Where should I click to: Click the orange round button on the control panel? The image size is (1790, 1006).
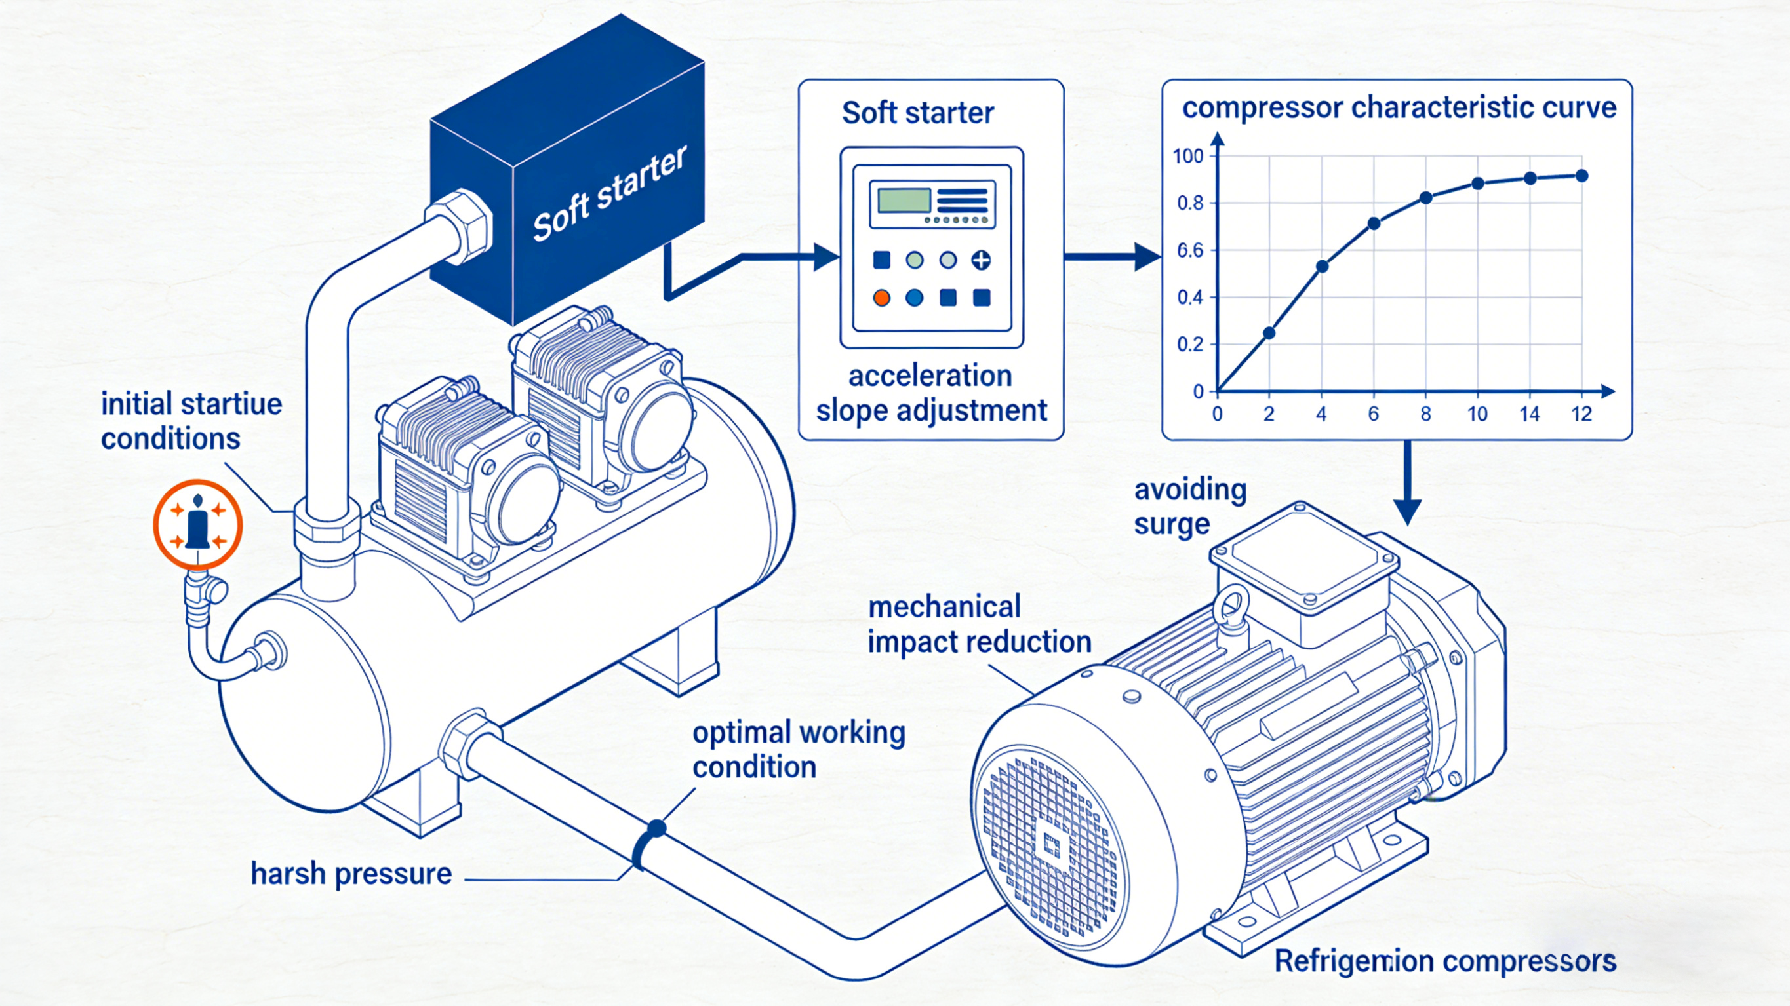[881, 298]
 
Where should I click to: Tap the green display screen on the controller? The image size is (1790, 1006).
[904, 200]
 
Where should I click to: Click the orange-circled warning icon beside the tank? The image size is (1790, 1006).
[198, 524]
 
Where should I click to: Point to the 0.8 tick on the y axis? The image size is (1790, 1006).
[1190, 204]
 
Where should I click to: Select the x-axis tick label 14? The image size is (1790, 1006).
[1530, 415]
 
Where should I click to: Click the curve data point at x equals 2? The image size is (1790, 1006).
[1269, 333]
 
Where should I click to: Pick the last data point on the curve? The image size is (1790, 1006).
[1582, 176]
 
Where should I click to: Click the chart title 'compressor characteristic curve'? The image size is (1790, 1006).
[1399, 107]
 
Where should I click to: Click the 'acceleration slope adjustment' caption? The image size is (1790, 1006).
[931, 393]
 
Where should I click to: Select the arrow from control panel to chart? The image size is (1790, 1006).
[1112, 257]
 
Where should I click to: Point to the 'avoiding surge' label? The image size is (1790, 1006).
[1190, 507]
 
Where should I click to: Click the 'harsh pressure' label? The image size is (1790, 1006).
[351, 874]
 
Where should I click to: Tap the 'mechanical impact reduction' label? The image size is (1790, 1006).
[979, 625]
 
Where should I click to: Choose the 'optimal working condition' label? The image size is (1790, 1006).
[799, 750]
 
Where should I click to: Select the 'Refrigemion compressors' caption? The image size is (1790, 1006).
[1444, 961]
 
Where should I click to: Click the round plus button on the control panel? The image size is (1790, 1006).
[981, 261]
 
